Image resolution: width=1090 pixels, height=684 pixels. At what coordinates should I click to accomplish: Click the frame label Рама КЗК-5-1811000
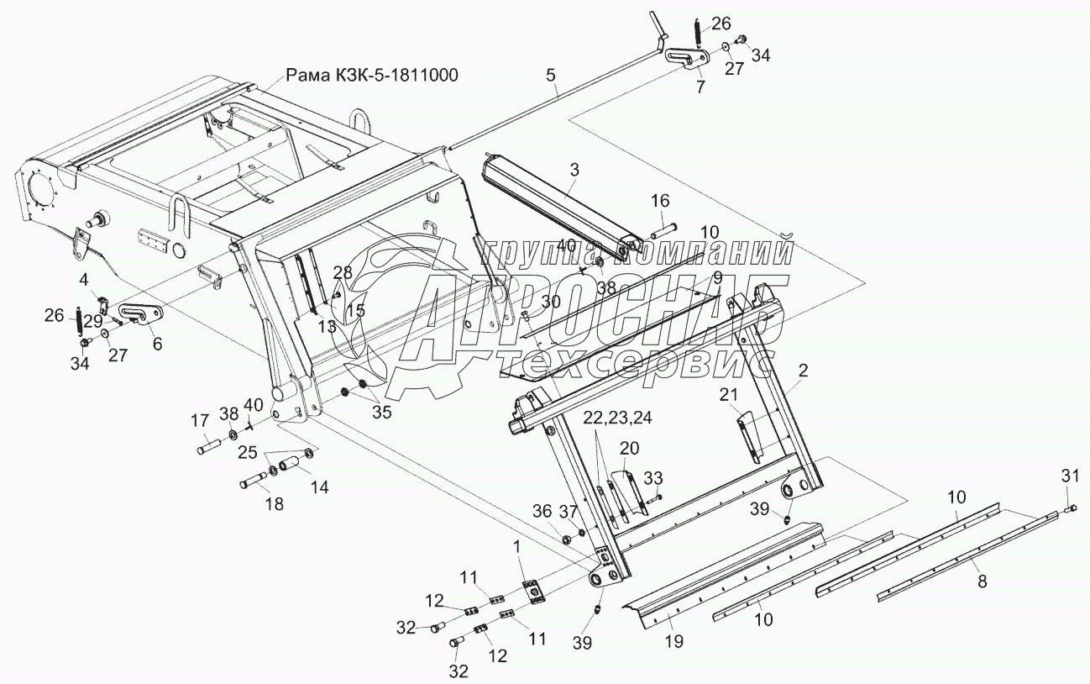[x=372, y=76]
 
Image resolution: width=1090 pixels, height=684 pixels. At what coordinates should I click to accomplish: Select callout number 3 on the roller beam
[x=574, y=170]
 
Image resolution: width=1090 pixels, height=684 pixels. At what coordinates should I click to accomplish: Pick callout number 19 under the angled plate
[x=673, y=642]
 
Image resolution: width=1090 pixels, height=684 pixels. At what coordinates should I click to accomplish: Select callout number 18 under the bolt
[x=274, y=504]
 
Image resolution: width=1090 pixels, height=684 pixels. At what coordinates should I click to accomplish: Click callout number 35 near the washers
[x=381, y=412]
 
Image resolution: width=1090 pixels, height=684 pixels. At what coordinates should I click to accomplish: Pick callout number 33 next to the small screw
[x=653, y=478]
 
